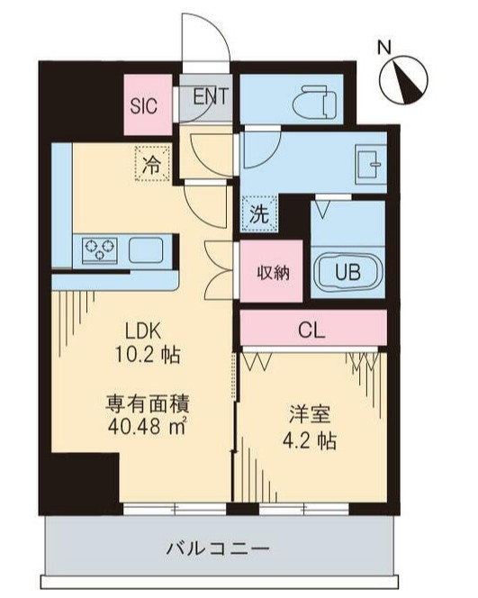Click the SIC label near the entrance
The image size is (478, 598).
(x=143, y=104)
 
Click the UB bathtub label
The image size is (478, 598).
(x=347, y=270)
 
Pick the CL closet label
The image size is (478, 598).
(x=312, y=331)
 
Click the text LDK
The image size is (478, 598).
(x=141, y=329)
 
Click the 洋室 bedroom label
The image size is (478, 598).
(x=308, y=415)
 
